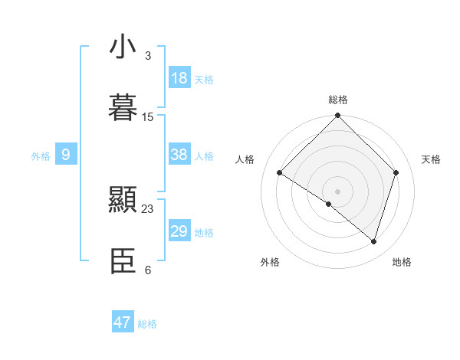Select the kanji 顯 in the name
123,201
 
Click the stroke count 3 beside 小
148,55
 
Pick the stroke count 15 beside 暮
148,117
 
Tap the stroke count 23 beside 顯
148,208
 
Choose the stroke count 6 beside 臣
148,270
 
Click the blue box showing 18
179,78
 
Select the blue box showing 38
179,155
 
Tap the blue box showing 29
179,231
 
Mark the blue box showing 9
66,155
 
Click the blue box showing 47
123,322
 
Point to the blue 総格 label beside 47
147,324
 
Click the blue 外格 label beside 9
41,156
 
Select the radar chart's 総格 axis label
338,100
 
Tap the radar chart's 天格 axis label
431,159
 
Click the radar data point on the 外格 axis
329,204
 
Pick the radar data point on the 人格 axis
280,173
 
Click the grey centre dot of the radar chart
338,191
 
